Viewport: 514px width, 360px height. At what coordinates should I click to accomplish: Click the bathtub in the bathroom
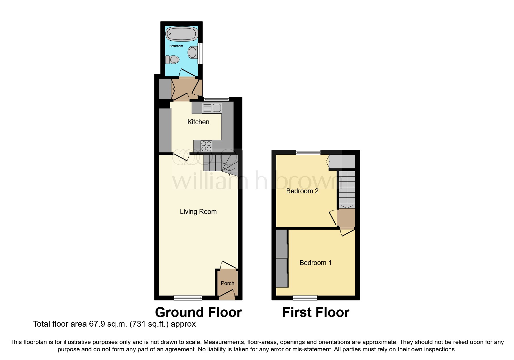click(182, 34)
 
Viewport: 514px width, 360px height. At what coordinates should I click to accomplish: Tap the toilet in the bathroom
click(172, 60)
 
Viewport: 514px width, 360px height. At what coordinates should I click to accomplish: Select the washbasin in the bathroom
click(192, 53)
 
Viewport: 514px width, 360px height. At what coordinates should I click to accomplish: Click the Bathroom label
click(176, 46)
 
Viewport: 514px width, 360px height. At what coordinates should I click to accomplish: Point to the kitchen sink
click(212, 108)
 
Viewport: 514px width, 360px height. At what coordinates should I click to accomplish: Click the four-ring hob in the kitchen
click(206, 146)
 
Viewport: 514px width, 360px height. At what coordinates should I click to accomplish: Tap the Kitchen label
click(198, 122)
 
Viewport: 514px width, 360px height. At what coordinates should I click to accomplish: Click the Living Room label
click(198, 212)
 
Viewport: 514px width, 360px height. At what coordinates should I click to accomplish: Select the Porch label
click(227, 283)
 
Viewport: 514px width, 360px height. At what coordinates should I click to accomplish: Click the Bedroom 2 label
click(302, 191)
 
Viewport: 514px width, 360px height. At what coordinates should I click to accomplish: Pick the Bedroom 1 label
click(315, 263)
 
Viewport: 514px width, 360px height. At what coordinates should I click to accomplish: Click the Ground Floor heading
click(198, 312)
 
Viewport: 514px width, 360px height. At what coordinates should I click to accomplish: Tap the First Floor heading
click(316, 312)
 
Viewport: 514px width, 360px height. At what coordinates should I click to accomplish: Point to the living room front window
click(188, 297)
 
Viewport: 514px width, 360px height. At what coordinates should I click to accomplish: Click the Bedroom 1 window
click(305, 297)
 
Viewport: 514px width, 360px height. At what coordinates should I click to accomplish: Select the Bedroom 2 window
click(308, 152)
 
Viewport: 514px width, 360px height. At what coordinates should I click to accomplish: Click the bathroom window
click(200, 54)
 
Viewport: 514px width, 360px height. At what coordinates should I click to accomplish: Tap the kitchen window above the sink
click(217, 99)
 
